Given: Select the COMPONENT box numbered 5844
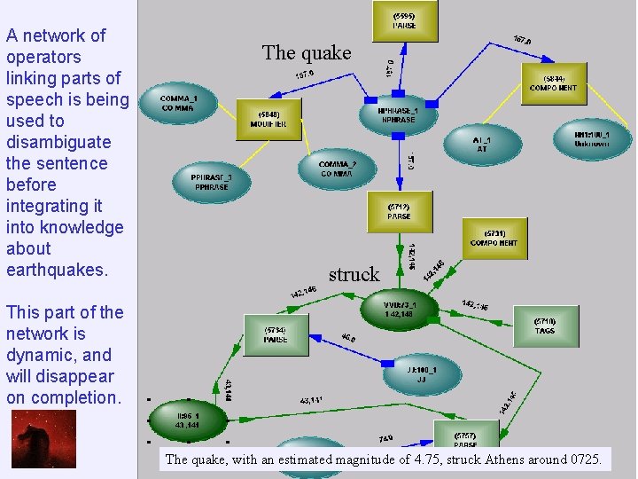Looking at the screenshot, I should click(553, 82).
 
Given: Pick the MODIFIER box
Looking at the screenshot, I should click(269, 119).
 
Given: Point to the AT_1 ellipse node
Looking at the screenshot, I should click(481, 144).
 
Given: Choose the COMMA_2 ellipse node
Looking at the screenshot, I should click(337, 169).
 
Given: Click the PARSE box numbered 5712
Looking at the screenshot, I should click(399, 211).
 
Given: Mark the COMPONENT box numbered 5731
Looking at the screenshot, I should click(494, 237).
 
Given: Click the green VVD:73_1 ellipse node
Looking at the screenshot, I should click(399, 309).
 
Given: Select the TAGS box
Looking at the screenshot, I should click(545, 326).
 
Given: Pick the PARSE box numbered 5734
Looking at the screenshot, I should click(276, 334).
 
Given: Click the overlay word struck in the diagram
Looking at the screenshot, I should click(354, 275).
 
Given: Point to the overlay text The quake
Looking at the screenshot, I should click(307, 53).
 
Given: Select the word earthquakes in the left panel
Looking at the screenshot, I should click(57, 270).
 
